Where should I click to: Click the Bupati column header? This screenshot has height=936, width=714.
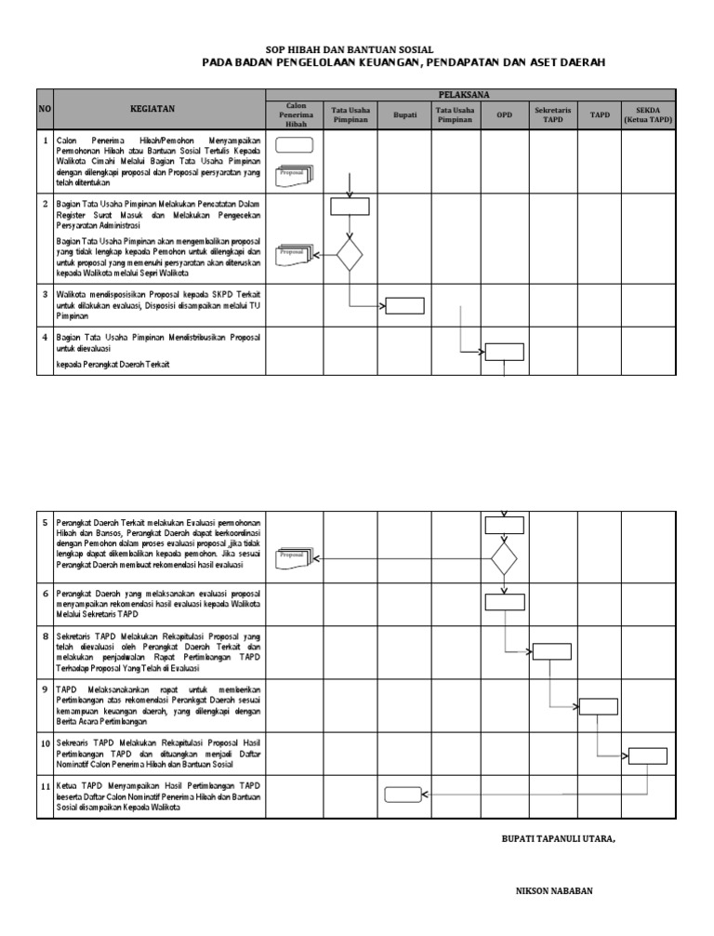point(404,114)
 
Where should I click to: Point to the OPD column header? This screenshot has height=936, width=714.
point(504,114)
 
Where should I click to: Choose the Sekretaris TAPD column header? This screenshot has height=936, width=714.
point(553,114)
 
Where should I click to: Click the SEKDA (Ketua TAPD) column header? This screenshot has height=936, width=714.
point(648,114)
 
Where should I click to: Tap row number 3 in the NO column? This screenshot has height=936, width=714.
point(45,294)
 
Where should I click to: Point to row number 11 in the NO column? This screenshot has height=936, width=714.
point(45,786)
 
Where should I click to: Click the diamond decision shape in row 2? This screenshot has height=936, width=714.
point(349,254)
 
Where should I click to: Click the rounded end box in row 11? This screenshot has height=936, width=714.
point(403,794)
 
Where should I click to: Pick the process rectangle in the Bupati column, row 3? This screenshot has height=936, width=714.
point(404,305)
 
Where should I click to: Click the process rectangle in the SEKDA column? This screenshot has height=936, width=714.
point(645,755)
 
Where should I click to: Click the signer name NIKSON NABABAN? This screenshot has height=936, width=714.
point(554,890)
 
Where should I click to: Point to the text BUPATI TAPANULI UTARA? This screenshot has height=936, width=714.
point(558,838)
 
